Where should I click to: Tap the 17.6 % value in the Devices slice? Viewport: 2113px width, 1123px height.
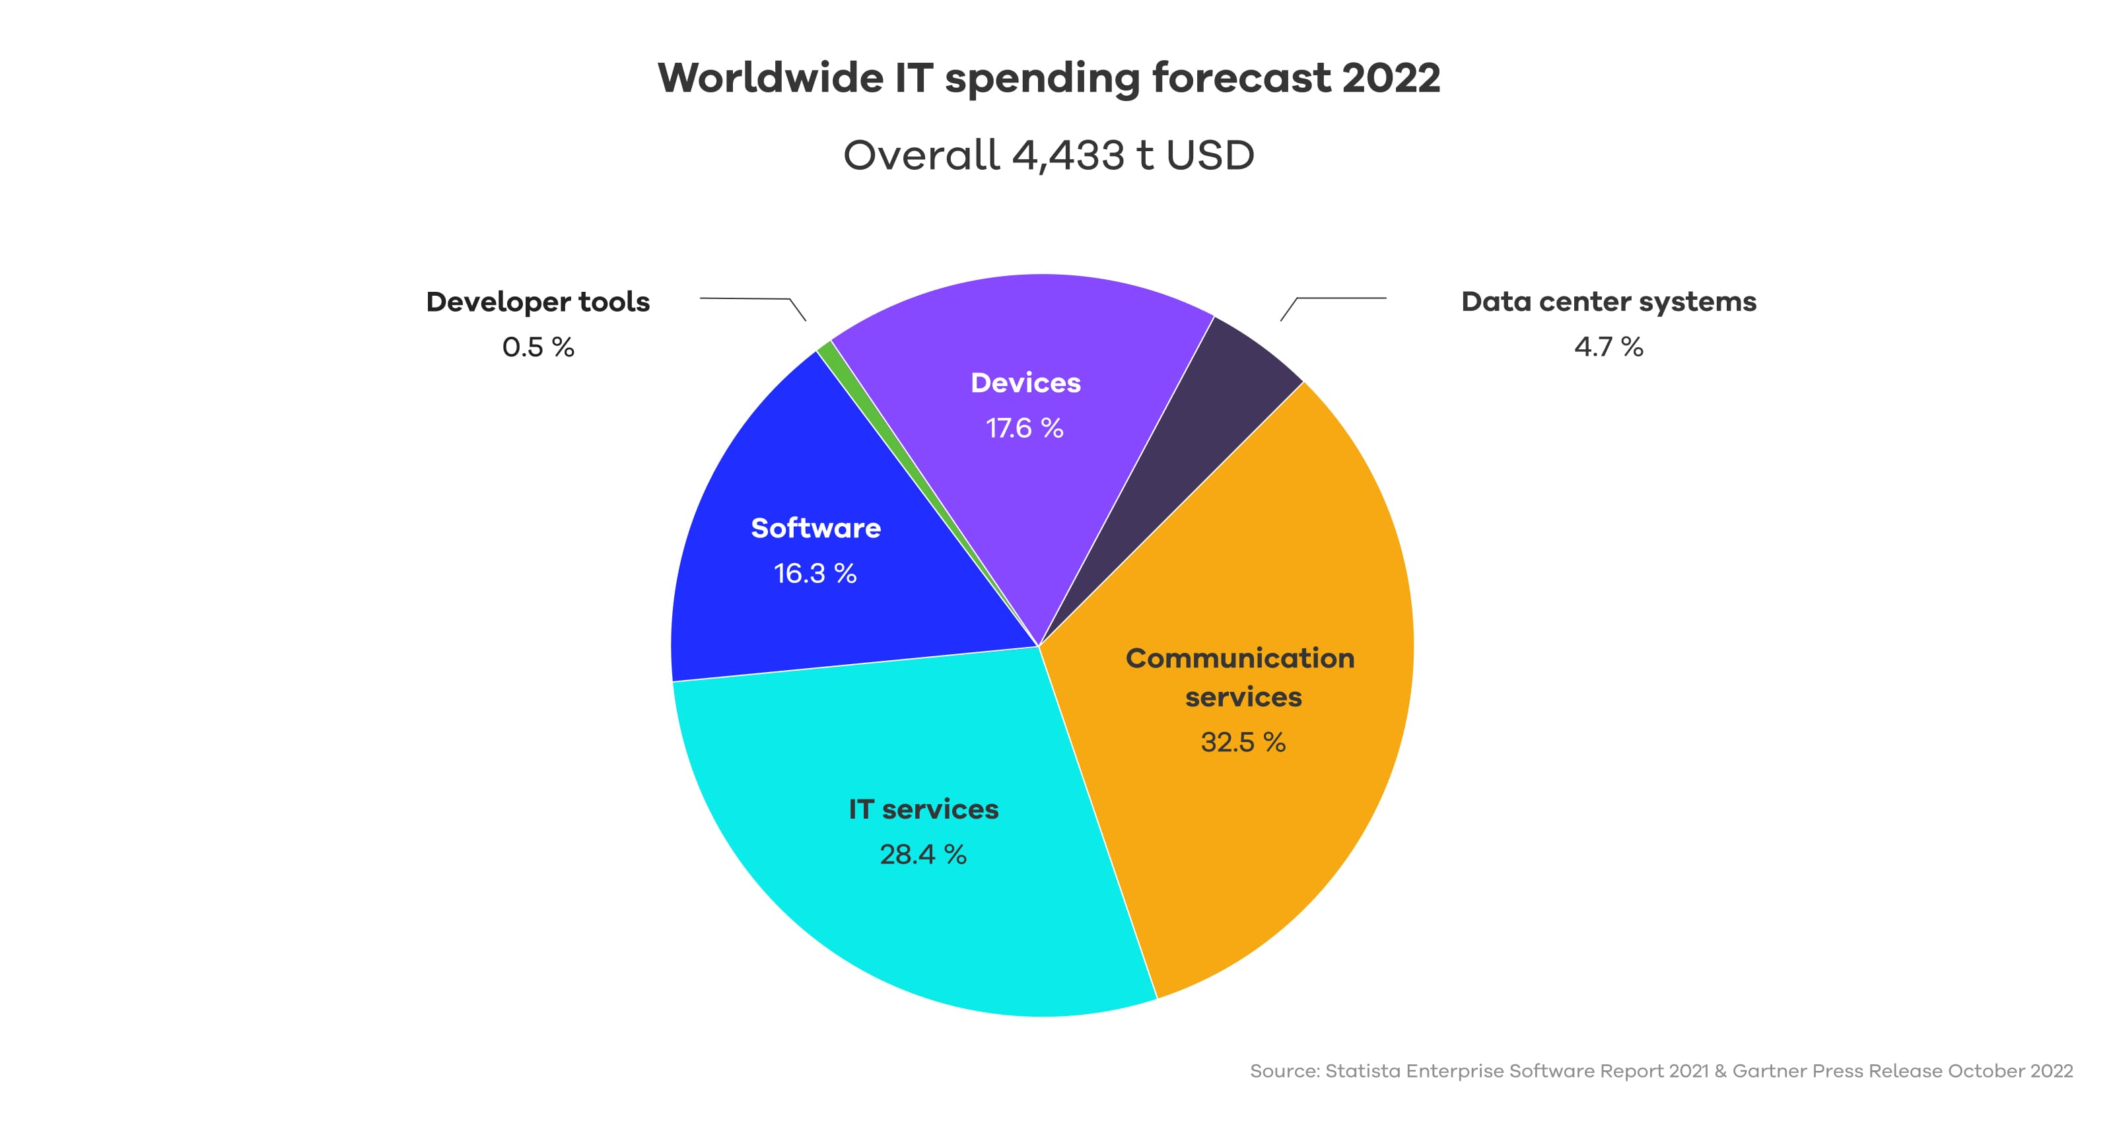point(1025,428)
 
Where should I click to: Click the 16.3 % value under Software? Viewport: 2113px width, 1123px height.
point(815,574)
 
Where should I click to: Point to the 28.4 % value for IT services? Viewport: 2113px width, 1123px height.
point(923,855)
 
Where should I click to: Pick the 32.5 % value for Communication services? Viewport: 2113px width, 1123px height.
point(1243,742)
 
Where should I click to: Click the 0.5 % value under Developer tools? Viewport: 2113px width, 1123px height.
point(538,347)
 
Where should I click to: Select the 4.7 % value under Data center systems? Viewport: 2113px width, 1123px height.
point(1609,347)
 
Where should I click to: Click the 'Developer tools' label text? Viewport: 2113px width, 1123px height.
point(538,302)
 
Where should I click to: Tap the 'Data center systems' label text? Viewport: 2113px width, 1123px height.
point(1609,302)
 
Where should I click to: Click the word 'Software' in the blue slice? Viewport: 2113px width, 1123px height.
point(815,528)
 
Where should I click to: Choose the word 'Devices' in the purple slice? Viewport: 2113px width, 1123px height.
point(1025,383)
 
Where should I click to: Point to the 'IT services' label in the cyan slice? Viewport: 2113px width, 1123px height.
point(924,809)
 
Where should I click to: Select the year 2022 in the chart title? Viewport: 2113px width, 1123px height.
point(1391,78)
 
